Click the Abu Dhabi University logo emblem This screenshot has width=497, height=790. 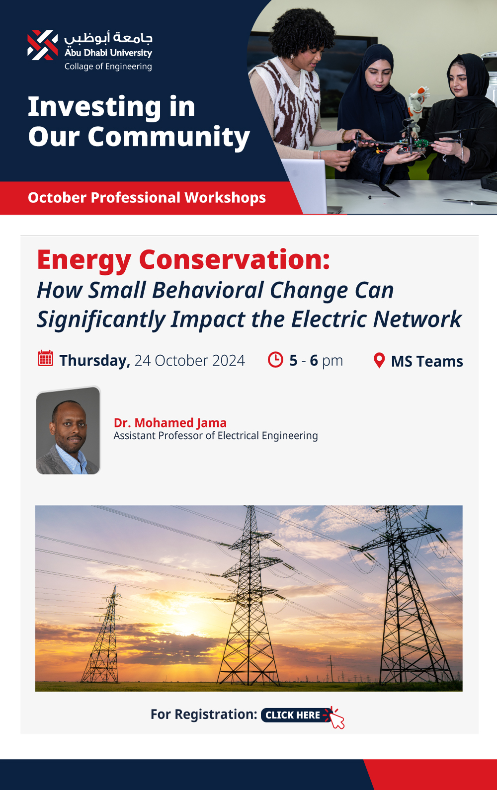pyautogui.click(x=43, y=45)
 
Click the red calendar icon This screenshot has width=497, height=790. pyautogui.click(x=46, y=359)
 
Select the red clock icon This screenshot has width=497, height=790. pyautogui.click(x=275, y=360)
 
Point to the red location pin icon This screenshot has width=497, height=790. pyautogui.click(x=379, y=360)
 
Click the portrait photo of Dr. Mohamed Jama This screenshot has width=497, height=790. pyautogui.click(x=68, y=430)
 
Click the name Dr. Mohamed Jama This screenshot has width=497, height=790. pyautogui.click(x=170, y=422)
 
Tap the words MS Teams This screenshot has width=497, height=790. pyautogui.click(x=427, y=361)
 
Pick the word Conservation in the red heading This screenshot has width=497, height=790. pyautogui.click(x=234, y=259)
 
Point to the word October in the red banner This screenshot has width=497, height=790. pyautogui.click(x=57, y=198)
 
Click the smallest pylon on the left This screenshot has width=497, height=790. pyautogui.click(x=103, y=635)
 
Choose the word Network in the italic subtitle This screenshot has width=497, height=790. pyautogui.click(x=417, y=319)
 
